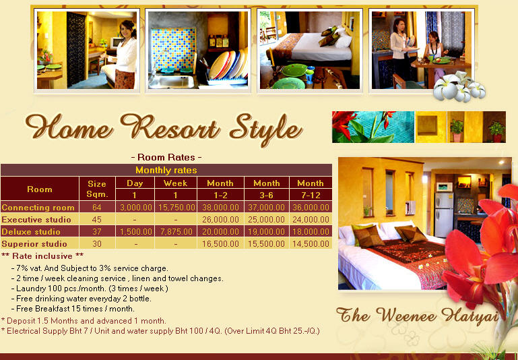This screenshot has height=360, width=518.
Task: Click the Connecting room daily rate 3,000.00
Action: pos(136,208)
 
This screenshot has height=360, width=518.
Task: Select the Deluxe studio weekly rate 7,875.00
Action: pos(175,232)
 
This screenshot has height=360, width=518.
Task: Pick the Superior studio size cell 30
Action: pos(97,244)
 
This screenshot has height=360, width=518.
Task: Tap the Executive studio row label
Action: pos(36,220)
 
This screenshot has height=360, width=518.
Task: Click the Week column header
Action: pos(175,183)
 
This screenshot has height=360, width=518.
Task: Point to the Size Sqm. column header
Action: pos(97,189)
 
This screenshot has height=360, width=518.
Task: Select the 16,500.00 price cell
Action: pos(220,244)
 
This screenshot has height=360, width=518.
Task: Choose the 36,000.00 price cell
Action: pos(311,208)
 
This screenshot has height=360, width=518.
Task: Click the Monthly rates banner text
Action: pos(166,171)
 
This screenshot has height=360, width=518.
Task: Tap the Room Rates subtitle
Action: pos(166,157)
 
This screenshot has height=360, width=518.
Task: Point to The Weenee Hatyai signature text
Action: pos(417,315)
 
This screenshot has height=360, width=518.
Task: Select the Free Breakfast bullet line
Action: pos(73,309)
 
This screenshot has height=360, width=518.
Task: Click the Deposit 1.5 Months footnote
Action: pos(84,321)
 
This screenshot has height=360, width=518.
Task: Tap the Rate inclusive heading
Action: pos(42,256)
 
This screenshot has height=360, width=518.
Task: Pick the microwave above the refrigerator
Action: pos(444,187)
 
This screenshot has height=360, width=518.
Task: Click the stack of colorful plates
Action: pos(228,65)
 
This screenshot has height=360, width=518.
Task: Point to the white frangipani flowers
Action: pos(459,87)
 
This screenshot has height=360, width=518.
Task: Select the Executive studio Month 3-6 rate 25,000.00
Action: pos(266,220)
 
